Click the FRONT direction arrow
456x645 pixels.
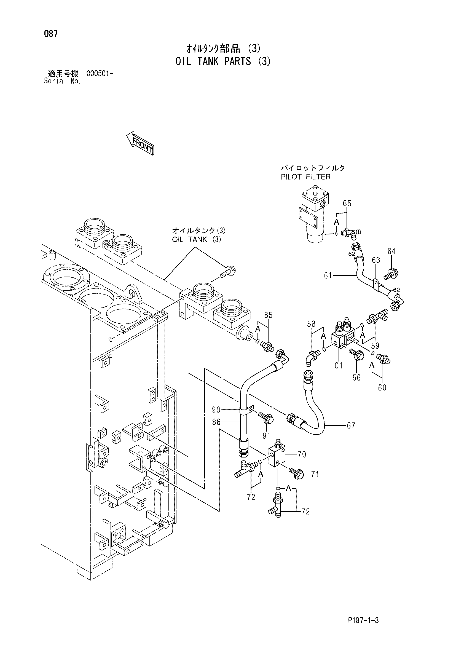[140, 143]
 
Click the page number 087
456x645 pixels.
[50, 34]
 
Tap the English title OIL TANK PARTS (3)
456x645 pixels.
[224, 61]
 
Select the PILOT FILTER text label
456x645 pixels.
[306, 177]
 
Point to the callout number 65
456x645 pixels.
[347, 204]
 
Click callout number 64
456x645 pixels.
[391, 251]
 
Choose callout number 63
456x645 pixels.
[376, 260]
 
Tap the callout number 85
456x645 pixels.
[268, 315]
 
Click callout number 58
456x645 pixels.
[311, 324]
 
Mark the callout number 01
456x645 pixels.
[339, 365]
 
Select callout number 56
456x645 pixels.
[356, 378]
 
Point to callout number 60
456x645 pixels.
[382, 388]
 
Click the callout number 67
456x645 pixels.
[351, 425]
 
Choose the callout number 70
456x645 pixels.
[302, 454]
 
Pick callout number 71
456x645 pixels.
[315, 474]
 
